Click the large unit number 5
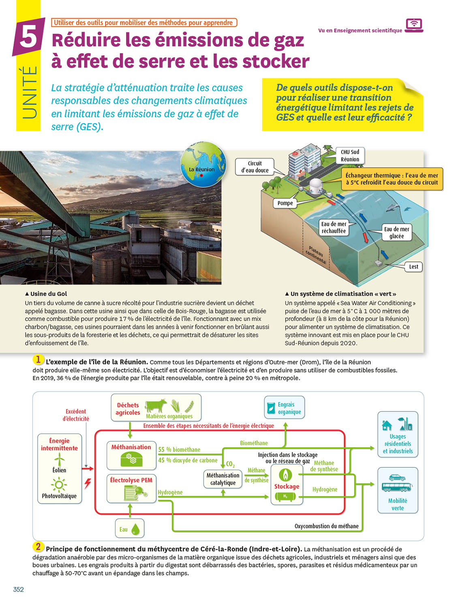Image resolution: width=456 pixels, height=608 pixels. coord(28,37)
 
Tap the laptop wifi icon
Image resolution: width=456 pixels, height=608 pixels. coord(413,25)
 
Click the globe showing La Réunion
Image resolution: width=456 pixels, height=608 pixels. coord(203,165)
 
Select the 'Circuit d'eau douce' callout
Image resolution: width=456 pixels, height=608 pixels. coord(255,167)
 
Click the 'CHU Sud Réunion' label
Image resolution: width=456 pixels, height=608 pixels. coord(350,156)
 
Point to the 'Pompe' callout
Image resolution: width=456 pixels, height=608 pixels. coord(285,203)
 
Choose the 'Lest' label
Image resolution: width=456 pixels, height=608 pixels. coord(413,267)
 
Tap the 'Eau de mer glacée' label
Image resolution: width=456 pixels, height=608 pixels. coord(396,233)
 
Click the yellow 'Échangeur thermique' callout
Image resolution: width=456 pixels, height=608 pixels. coord(392,179)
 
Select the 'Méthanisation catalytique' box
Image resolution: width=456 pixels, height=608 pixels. coord(223,479)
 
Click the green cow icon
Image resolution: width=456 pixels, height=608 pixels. coord(156,405)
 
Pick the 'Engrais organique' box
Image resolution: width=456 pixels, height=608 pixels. coord(285,408)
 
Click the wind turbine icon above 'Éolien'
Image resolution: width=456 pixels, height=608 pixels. coord(59,459)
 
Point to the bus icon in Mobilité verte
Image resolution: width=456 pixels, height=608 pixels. coord(397,487)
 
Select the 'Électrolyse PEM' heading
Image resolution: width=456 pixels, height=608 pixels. coord(131,480)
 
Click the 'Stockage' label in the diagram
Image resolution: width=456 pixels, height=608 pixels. coord(287,486)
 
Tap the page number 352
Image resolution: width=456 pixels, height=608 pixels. coord(19,589)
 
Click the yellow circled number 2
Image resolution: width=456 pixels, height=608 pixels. coord(38,546)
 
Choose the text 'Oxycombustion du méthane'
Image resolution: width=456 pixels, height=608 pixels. coord(326,526)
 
